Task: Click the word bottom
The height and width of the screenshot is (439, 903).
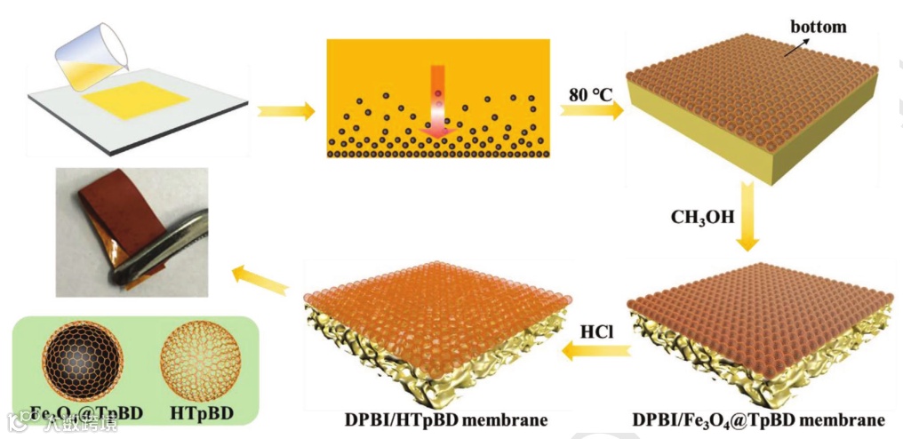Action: click(x=818, y=27)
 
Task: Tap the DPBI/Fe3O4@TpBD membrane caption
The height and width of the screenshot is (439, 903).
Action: click(x=758, y=419)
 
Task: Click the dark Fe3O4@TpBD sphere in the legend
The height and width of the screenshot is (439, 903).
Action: click(x=83, y=365)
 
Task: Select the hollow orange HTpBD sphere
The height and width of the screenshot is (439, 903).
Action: click(x=200, y=365)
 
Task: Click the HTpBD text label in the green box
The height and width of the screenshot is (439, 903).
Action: click(x=200, y=413)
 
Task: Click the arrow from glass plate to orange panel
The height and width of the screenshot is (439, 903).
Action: click(x=286, y=111)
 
